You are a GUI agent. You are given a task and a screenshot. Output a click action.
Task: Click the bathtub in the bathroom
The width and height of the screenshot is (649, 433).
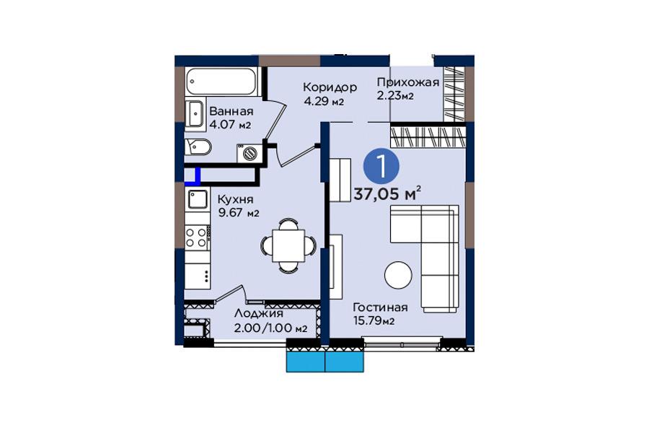coord(221,82)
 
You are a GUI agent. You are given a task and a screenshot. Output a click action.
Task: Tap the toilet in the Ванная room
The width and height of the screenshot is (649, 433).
coord(198,146)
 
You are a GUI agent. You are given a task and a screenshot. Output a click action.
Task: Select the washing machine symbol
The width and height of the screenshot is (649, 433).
coord(250,153)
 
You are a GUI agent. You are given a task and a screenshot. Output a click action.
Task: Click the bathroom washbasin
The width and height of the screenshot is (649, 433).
coord(194,113)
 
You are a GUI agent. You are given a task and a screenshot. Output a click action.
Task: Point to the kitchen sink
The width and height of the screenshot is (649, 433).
coord(198,199)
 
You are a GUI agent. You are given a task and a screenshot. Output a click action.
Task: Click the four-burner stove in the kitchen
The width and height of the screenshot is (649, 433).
coord(197,237)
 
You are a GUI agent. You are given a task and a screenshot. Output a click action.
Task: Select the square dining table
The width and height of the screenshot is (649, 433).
coord(288,245)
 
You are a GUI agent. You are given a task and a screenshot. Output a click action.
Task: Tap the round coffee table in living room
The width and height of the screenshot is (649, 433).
coord(398,275)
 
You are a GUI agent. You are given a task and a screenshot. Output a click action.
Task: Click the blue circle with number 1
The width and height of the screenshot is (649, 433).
coord(381,167)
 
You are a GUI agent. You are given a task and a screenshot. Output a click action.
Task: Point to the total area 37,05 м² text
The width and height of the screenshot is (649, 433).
coord(387,193)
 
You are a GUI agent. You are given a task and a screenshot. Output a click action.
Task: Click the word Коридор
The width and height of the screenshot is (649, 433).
coord(330,87)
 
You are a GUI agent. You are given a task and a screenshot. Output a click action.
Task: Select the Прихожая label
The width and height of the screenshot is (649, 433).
coord(407,82)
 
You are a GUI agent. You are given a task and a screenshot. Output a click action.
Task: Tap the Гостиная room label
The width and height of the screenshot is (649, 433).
coord(380,307)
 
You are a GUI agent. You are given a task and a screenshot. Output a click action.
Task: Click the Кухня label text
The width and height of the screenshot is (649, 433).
coord(236,200)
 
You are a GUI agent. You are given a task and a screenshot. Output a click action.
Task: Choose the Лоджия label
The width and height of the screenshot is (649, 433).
coord(259,314)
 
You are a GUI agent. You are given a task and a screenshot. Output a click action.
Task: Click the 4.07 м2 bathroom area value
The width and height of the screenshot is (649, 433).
coord(230,124)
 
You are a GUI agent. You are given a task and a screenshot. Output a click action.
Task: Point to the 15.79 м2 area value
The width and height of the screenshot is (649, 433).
coord(374,320)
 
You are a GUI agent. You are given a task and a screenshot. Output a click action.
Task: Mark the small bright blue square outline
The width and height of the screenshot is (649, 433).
coord(193,175)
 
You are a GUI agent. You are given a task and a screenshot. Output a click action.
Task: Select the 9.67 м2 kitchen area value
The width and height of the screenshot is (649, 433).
coord(239,213)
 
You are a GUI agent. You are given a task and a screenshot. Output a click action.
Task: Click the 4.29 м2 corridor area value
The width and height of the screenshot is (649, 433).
coord(324,101)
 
